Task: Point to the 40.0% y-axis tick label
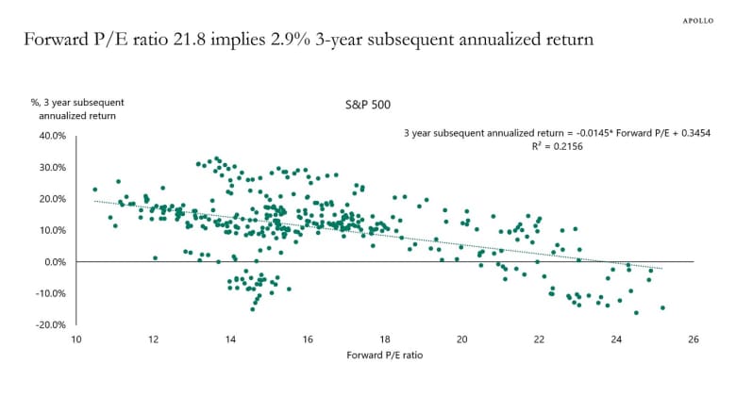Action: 52,136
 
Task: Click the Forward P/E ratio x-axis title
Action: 384,355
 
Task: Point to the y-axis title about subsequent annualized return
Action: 77,108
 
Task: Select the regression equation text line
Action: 557,134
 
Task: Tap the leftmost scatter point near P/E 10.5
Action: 95,190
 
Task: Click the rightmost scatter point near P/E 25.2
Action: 662,307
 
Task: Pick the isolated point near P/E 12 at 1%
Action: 155,257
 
